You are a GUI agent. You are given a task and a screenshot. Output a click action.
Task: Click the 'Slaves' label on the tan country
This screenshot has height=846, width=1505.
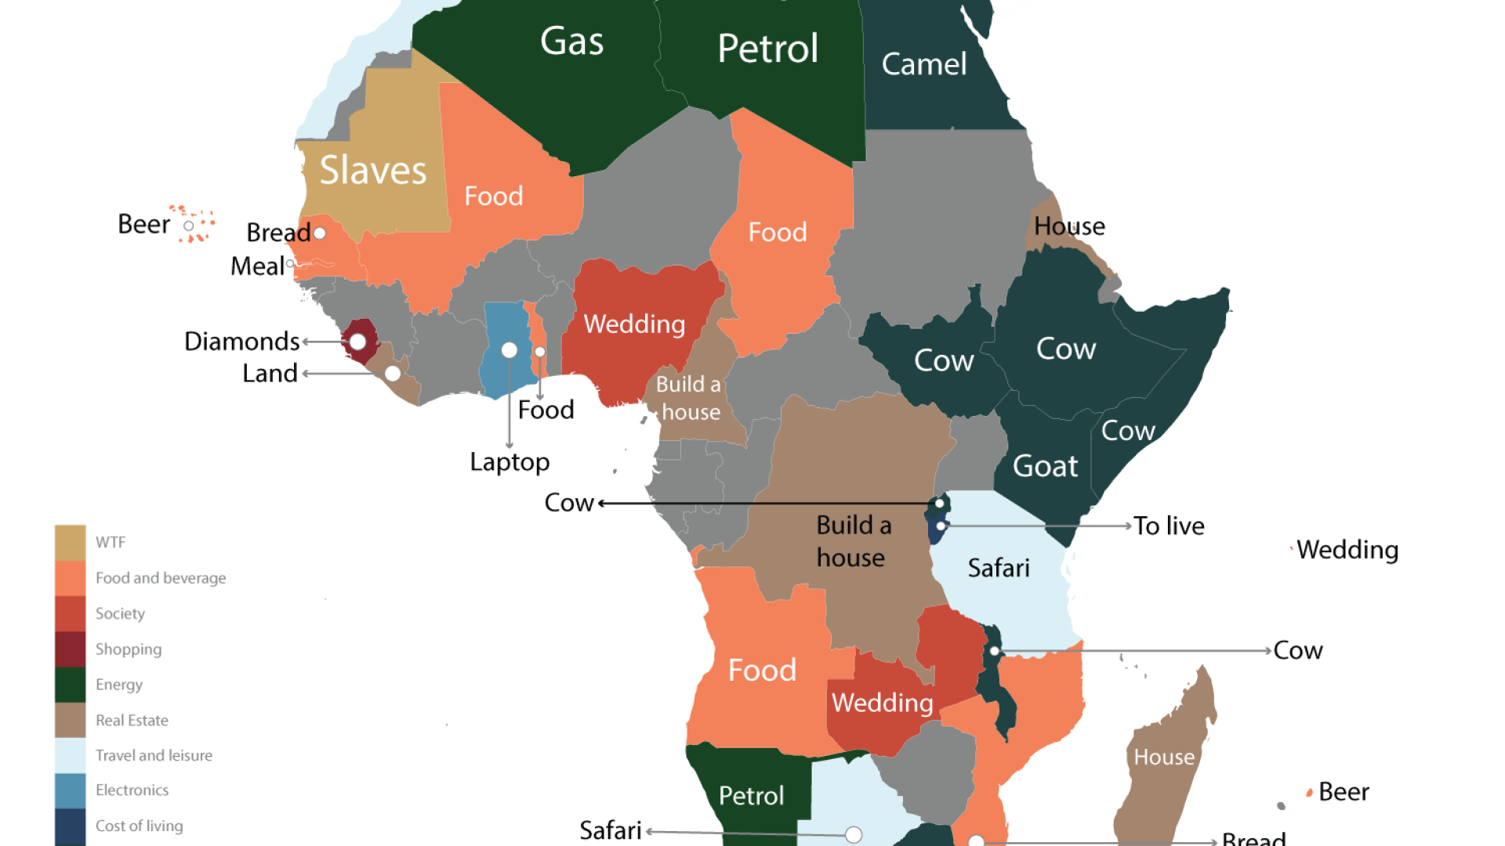click(373, 170)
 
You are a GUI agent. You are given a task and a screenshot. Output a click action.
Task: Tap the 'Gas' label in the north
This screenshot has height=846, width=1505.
click(571, 41)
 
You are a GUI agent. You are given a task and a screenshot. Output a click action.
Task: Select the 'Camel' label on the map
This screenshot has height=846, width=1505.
click(923, 64)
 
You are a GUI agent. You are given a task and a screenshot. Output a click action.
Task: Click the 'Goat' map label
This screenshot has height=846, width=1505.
click(1045, 466)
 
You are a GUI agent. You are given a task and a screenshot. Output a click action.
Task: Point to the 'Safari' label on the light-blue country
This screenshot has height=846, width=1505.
click(998, 568)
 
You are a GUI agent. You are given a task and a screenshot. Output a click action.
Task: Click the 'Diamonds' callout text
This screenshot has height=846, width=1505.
click(241, 342)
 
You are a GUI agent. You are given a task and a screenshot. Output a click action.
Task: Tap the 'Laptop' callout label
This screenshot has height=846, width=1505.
click(510, 462)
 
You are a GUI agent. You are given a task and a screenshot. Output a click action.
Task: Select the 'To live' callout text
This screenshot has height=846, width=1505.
click(1169, 526)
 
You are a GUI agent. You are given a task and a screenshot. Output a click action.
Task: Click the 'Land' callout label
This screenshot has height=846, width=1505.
click(270, 373)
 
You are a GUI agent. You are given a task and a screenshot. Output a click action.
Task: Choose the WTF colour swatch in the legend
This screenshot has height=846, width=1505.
click(71, 542)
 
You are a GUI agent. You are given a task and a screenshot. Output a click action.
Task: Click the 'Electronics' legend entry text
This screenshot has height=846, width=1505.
click(132, 790)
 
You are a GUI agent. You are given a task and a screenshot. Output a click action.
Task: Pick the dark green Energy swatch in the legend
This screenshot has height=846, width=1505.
click(71, 685)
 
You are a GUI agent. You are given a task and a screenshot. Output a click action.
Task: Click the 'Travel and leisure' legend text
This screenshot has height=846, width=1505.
click(154, 755)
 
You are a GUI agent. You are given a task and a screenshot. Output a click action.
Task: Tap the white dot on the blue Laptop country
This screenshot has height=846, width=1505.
click(510, 350)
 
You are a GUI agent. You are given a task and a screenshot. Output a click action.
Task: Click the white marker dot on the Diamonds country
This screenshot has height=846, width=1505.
click(357, 342)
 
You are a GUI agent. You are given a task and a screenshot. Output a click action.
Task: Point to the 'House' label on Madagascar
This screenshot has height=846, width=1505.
click(1164, 757)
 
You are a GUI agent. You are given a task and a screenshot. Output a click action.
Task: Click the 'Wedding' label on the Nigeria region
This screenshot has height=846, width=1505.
click(634, 324)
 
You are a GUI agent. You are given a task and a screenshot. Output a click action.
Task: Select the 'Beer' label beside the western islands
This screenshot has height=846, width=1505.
click(143, 225)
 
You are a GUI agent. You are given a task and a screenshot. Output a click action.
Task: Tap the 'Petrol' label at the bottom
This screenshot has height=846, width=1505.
click(751, 796)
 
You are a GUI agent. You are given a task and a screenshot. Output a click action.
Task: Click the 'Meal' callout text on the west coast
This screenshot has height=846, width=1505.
click(257, 266)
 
